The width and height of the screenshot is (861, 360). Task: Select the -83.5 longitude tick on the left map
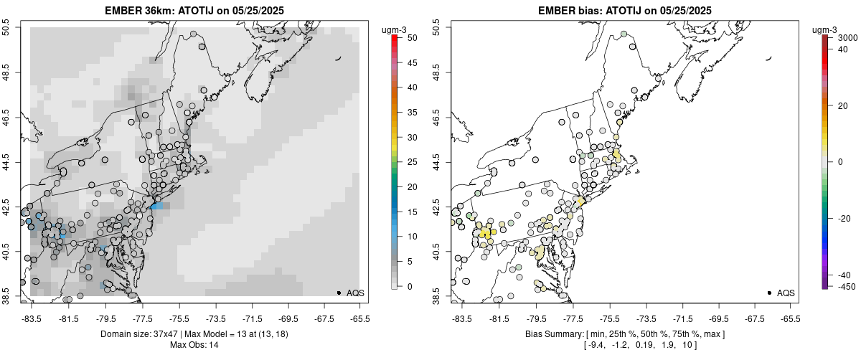[31, 318]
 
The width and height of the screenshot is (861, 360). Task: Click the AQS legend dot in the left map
[338, 293]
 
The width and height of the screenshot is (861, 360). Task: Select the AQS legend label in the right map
[786, 293]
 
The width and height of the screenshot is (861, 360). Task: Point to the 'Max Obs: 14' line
[194, 345]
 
